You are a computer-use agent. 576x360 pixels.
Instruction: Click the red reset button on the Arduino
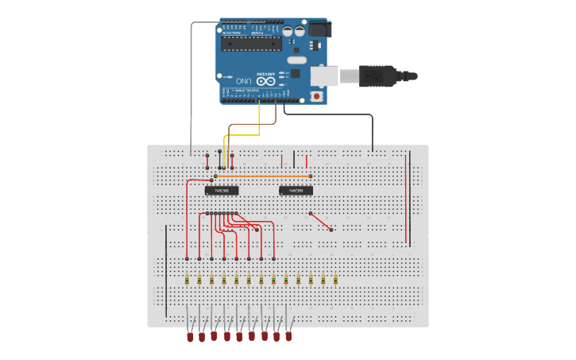click(317, 96)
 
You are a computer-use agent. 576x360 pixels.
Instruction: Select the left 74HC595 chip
click(222, 191)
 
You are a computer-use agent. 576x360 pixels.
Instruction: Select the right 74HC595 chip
click(296, 191)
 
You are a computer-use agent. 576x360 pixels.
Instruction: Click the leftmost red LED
click(190, 337)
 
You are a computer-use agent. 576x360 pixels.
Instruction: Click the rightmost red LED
click(288, 337)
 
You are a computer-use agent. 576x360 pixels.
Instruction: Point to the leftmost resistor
click(187, 279)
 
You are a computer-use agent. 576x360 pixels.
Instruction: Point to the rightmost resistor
click(335, 279)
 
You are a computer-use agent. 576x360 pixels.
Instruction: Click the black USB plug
click(381, 76)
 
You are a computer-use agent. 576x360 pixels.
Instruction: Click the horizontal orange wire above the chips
click(262, 176)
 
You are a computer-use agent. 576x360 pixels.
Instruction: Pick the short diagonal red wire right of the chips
click(320, 221)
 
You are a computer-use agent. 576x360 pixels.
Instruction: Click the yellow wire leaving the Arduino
click(259, 119)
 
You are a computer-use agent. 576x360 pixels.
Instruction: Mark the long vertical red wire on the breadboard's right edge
click(406, 199)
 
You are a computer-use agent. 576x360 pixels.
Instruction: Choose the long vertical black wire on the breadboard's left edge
click(166, 270)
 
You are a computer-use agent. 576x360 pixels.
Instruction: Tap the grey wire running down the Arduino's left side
click(191, 87)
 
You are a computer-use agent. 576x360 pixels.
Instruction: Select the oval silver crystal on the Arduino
click(296, 60)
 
